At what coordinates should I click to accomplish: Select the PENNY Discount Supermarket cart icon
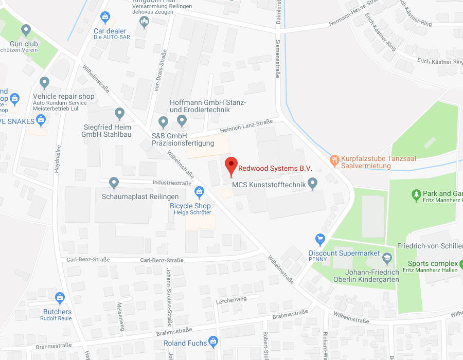[x=320, y=239]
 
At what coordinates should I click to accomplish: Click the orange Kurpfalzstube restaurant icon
[x=335, y=159]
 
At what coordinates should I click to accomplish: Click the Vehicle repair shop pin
[x=44, y=82]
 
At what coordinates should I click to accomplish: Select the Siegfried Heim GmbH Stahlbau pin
[x=120, y=113]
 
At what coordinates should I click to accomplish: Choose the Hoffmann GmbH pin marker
[x=182, y=121]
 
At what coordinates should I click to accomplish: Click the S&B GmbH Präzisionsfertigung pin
[x=164, y=122]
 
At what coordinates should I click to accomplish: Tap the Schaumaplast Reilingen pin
[x=114, y=183]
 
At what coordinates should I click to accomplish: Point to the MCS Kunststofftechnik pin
[x=313, y=184]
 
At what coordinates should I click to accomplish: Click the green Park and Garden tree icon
[x=416, y=194]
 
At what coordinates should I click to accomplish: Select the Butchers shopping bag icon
[x=60, y=298]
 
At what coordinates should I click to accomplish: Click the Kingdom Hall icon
[x=145, y=21]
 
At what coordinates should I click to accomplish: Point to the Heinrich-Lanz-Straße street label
[x=246, y=125]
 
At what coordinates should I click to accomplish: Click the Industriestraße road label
[x=172, y=183]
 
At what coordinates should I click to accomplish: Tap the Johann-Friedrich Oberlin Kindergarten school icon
[x=387, y=258]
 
